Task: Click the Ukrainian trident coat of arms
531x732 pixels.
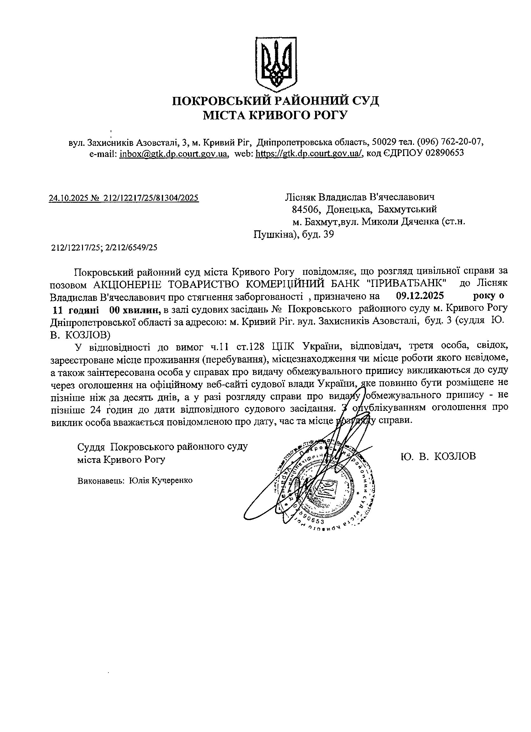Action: (x=276, y=63)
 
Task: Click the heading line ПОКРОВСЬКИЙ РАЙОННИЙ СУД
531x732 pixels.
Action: (x=275, y=101)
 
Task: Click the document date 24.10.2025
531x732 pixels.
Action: (x=67, y=198)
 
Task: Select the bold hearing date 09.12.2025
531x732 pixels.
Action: (x=420, y=296)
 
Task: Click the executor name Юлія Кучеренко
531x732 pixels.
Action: (x=161, y=481)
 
